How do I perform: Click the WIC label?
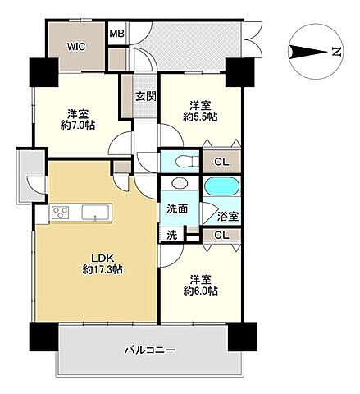coord(76,47)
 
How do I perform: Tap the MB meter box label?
coord(117,34)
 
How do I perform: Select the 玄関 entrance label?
coord(146,97)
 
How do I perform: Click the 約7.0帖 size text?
coord(78,126)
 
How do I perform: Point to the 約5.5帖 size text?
coord(200,117)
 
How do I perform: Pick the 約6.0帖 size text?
coord(200,291)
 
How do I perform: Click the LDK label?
coord(102,258)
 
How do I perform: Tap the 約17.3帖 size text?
coord(103,270)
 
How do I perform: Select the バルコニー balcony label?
coord(150,350)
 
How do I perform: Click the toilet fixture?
coord(187,162)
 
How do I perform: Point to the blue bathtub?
coord(222,186)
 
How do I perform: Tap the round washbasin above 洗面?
coord(180,183)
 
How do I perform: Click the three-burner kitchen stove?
coord(61,213)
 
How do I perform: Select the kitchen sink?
coord(95,213)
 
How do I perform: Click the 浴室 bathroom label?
coord(228,217)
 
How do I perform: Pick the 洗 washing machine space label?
coord(172,235)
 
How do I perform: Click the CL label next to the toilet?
coord(221,163)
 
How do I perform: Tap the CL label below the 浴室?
coord(221,236)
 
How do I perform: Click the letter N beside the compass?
coord(337,52)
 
